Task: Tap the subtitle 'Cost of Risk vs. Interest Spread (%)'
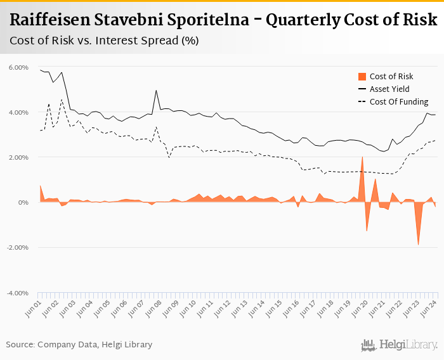coord(104,41)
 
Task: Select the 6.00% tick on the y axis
coord(18,67)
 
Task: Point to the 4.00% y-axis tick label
coord(18,112)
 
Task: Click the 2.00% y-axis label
coord(18,157)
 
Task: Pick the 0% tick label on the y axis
coord(23,202)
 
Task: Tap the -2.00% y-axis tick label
coord(17,248)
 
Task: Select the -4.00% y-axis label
coord(17,293)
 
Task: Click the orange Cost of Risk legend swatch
coord(362,77)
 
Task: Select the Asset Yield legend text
coord(389,89)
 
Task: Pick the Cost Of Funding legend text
coord(399,101)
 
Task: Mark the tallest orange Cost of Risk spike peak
coord(362,157)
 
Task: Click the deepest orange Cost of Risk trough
coord(418,245)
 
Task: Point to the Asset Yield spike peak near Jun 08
coord(156,90)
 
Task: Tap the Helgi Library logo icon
coord(369,345)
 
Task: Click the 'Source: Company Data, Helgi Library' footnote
coord(79,344)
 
